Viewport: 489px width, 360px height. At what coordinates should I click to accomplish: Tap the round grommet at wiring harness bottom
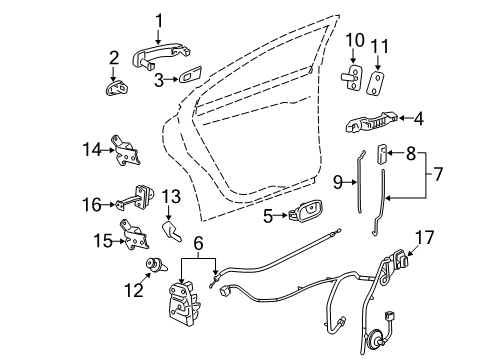380,334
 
